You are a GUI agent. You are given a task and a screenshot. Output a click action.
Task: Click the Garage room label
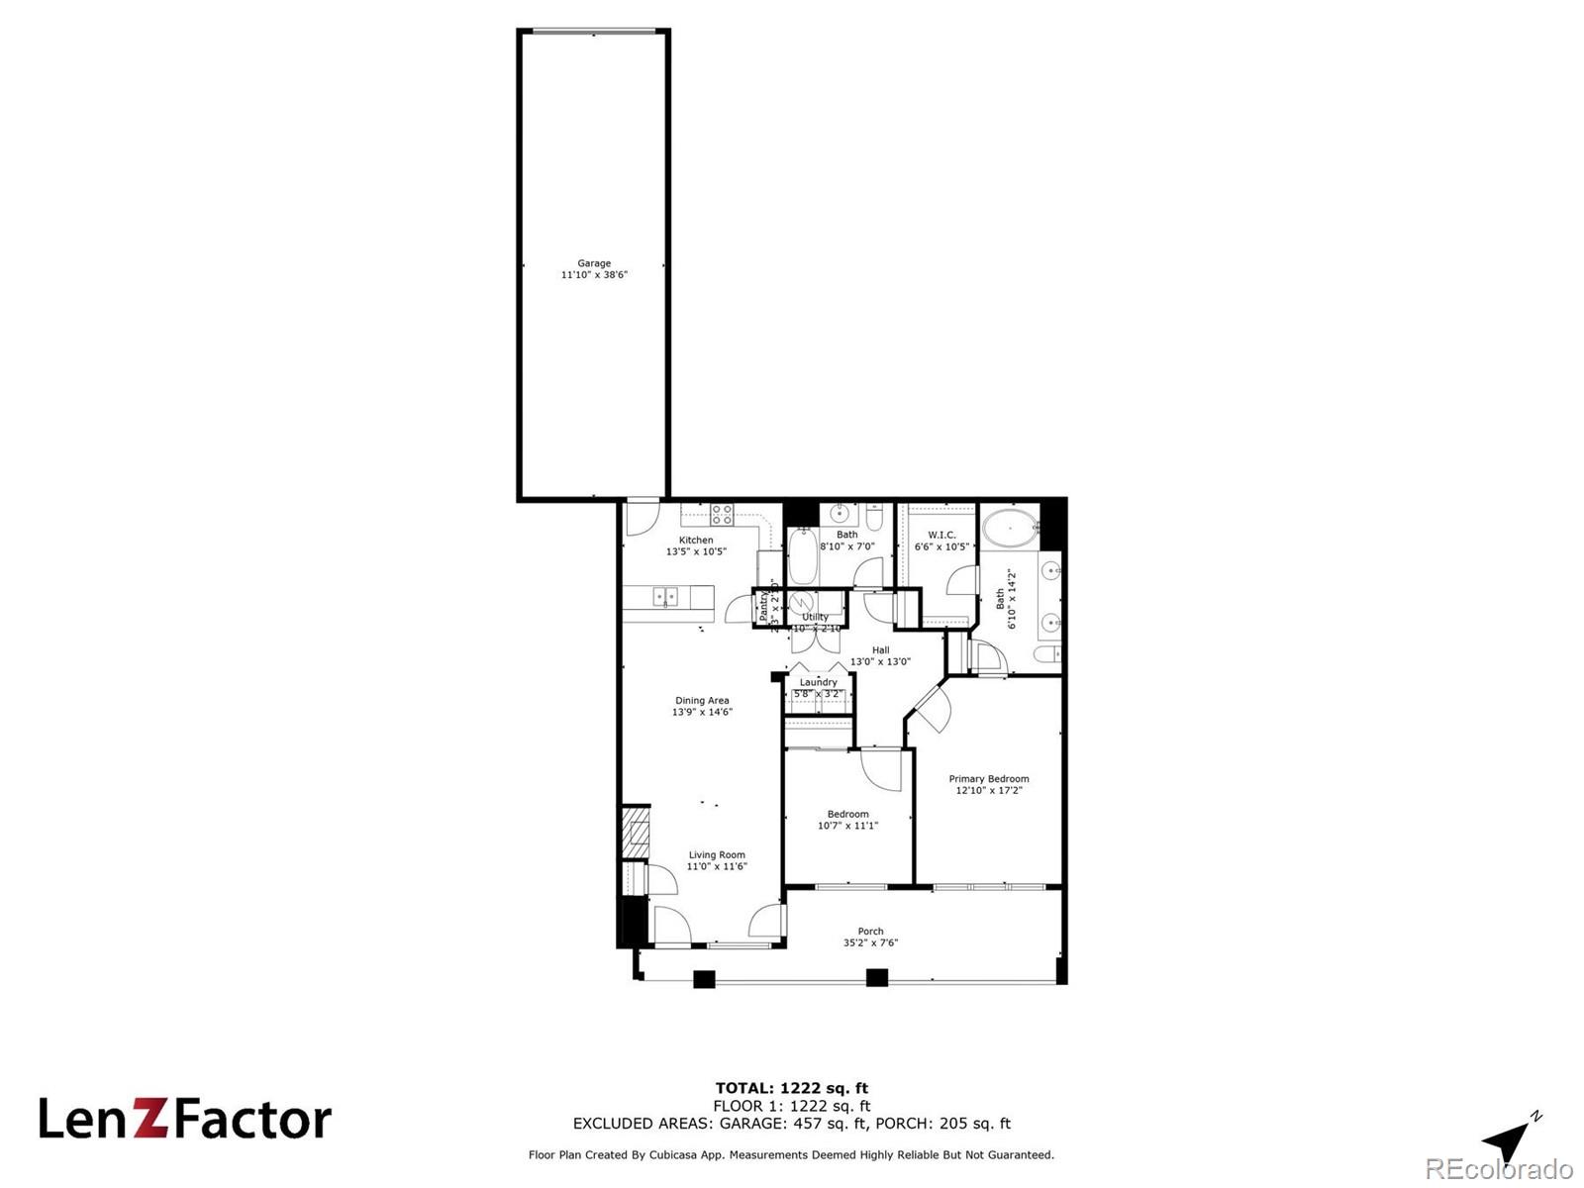(594, 263)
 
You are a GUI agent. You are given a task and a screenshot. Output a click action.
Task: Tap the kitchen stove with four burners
(722, 515)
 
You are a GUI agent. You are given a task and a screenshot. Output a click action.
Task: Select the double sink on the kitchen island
(665, 596)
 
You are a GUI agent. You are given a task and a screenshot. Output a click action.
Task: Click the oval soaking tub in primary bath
(1010, 529)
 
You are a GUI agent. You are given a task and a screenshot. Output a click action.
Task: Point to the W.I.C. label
(941, 535)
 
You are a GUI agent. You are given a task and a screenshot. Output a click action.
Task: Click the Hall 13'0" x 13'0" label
(880, 656)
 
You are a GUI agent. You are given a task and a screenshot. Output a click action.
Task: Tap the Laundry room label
(819, 682)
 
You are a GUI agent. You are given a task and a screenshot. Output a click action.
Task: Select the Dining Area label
(702, 701)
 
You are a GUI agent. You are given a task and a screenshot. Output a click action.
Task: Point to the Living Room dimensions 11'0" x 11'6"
(717, 866)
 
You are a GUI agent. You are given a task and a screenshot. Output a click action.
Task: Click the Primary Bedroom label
(988, 779)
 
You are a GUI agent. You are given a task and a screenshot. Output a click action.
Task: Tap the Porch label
(870, 931)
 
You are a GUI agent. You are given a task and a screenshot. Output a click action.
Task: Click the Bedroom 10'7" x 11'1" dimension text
(847, 826)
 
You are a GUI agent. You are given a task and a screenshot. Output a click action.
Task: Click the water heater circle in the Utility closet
(803, 603)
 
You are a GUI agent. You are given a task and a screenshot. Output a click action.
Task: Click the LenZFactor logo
(185, 1119)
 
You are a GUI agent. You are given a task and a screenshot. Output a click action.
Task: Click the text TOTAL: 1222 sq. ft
(792, 1088)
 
